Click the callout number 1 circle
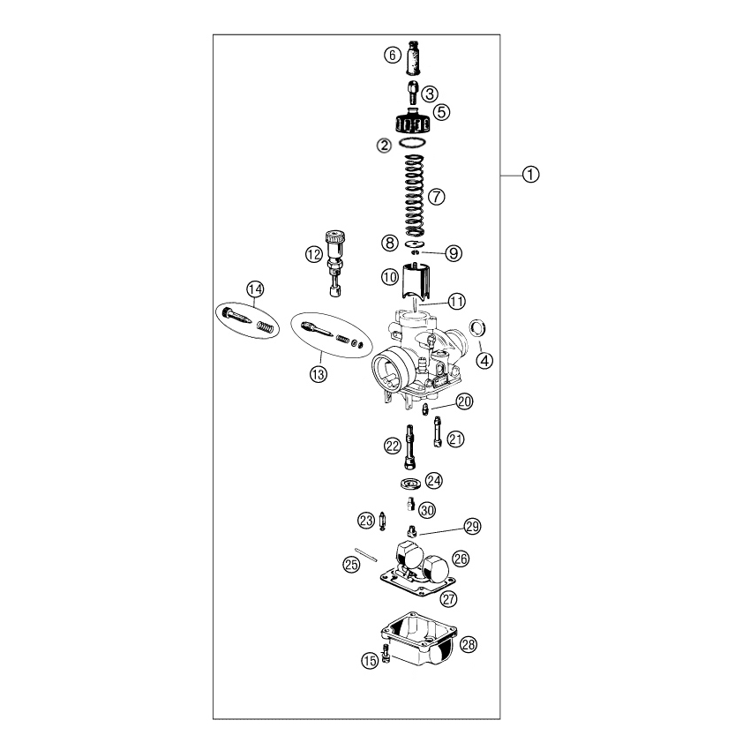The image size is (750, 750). click(530, 175)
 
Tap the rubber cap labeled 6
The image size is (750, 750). click(414, 58)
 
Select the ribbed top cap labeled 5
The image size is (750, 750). click(414, 121)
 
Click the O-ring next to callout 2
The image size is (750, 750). click(412, 143)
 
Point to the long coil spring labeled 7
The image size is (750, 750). click(414, 195)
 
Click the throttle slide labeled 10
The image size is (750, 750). click(416, 281)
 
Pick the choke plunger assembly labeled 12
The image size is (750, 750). click(334, 263)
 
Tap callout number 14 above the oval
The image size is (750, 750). click(255, 289)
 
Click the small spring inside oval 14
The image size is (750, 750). click(266, 327)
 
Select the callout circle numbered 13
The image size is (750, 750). click(319, 374)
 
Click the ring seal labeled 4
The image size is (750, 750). click(478, 328)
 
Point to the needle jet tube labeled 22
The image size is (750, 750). click(410, 446)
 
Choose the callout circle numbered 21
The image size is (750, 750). click(455, 439)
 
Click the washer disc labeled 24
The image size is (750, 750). click(410, 484)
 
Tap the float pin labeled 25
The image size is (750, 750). click(366, 555)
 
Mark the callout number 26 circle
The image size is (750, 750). click(461, 559)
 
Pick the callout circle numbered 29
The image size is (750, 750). click(472, 527)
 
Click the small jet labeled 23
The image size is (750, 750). click(382, 521)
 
